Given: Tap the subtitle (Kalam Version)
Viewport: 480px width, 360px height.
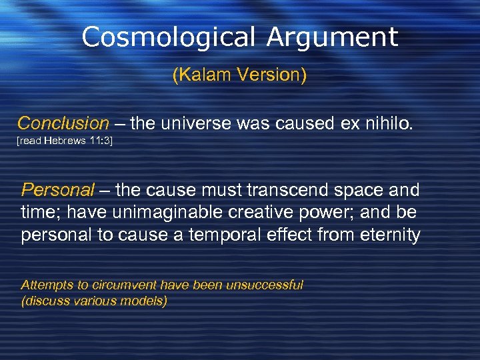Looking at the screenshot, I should pyautogui.click(x=239, y=75).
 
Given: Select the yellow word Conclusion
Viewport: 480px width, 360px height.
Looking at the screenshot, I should pyautogui.click(x=63, y=123).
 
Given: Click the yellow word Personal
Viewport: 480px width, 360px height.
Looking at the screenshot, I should pyautogui.click(x=58, y=191).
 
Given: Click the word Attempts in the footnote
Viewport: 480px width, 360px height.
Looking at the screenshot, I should pyautogui.click(x=47, y=285).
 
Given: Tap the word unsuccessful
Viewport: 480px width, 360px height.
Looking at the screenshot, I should pyautogui.click(x=265, y=285).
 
